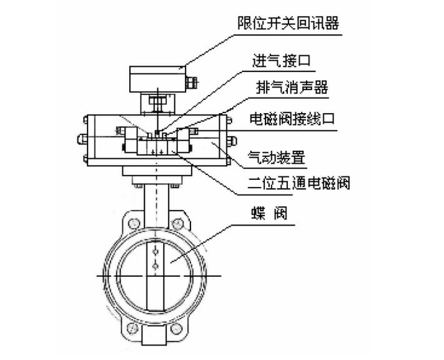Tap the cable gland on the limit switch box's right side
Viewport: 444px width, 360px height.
(192, 81)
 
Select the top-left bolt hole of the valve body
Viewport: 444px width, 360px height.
(133, 222)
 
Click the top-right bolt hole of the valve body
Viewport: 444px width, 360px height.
(179, 222)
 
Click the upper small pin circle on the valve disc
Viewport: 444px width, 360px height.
(155, 253)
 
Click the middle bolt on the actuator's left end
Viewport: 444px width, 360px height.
(81, 139)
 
